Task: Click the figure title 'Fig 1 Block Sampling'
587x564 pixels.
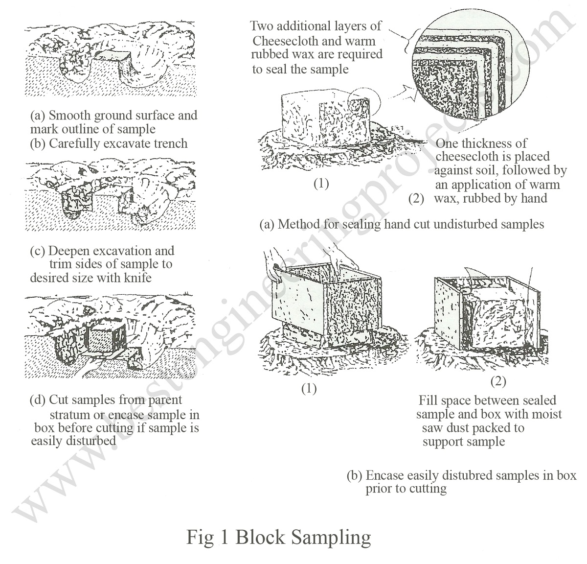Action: pyautogui.click(x=278, y=537)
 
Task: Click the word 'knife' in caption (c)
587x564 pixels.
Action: pyautogui.click(x=135, y=278)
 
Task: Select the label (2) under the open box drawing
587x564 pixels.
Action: pyautogui.click(x=498, y=381)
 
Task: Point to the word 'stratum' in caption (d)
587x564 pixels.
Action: pyautogui.click(x=69, y=414)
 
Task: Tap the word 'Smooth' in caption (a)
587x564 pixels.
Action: pyautogui.click(x=70, y=116)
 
